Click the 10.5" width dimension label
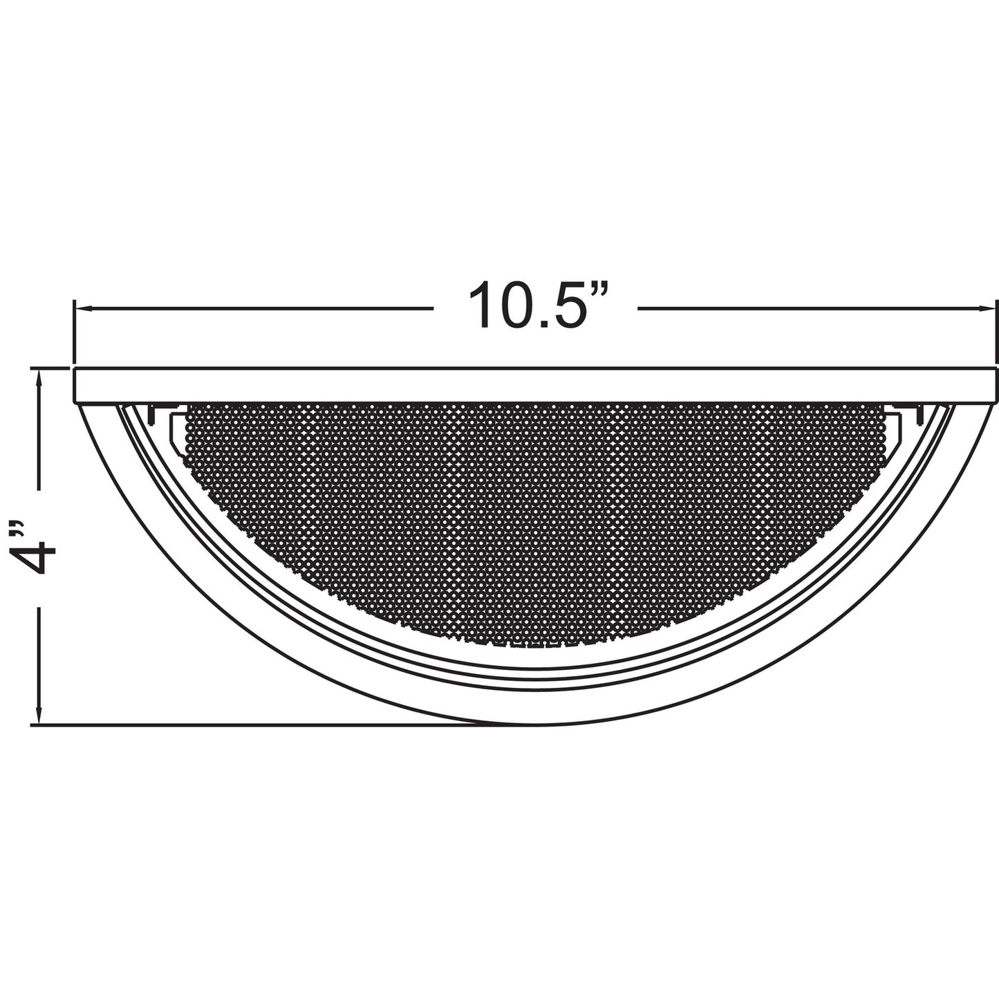coord(538,306)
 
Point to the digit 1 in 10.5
coord(480,306)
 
